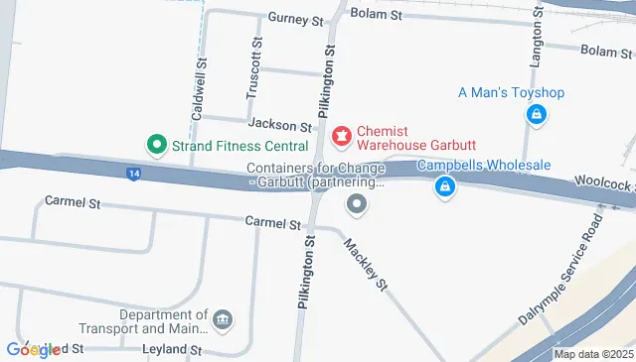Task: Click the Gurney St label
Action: point(297,19)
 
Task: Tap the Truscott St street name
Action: point(255,67)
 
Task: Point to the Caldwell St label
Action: point(199,88)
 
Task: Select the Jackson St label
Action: point(280,125)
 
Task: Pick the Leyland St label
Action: point(172,350)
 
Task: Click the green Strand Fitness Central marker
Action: point(155,145)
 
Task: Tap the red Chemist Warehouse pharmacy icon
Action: point(341,134)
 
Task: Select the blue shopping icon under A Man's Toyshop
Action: point(536,115)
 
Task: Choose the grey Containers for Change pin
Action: point(357,205)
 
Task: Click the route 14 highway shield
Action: point(133,175)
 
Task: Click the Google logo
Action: point(32,349)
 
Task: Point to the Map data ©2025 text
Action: point(592,354)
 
